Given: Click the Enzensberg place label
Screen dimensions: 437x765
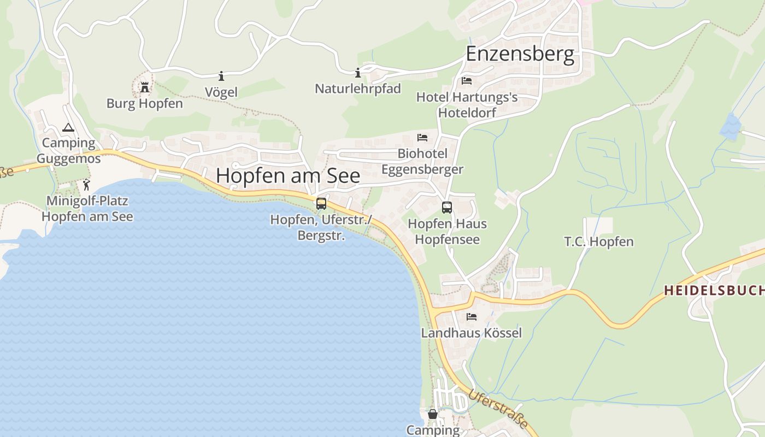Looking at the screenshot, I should (x=520, y=54).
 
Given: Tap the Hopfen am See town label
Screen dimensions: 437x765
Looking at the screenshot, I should (x=288, y=175).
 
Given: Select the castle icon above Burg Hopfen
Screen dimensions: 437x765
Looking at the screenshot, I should (x=145, y=87).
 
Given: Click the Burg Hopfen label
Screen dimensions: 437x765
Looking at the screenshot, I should (x=145, y=103).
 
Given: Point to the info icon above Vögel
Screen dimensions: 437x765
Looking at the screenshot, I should (x=221, y=76).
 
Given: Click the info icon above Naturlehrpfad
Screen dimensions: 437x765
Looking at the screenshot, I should (x=358, y=73).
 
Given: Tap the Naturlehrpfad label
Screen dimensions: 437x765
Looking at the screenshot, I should (x=358, y=88).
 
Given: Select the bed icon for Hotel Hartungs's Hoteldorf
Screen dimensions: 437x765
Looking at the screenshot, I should (x=467, y=81).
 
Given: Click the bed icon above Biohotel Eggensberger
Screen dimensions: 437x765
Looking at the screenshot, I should (x=422, y=137).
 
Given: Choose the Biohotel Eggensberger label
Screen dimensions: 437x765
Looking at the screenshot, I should (x=422, y=162).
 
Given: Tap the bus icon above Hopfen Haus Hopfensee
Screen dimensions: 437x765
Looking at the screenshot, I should (x=447, y=208).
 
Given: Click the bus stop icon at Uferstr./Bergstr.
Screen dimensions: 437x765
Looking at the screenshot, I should (x=321, y=204).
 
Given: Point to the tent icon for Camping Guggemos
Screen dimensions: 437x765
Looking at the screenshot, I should (x=68, y=128).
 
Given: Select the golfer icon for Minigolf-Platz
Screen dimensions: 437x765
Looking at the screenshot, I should (x=86, y=185).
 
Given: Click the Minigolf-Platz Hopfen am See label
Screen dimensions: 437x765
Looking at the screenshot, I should (x=87, y=208).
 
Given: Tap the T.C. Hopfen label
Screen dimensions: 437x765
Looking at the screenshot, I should (x=599, y=241).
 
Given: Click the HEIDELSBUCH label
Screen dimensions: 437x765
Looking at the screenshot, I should (x=714, y=291).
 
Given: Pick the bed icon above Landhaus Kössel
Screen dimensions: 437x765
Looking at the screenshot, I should (x=472, y=317).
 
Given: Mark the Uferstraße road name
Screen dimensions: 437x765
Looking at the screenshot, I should (x=498, y=409).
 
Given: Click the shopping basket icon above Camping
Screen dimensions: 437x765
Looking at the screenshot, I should (x=433, y=414).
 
